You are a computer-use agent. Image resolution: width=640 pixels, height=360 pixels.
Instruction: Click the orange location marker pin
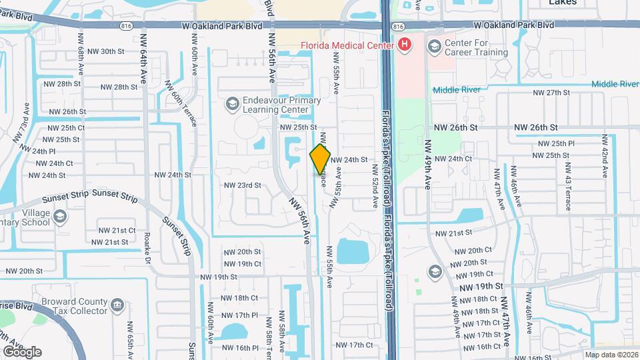[x=320, y=159]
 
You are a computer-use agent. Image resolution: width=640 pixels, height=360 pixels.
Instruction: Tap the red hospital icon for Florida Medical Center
[x=403, y=45]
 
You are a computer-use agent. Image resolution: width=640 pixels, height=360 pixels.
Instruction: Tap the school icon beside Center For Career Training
[x=435, y=46]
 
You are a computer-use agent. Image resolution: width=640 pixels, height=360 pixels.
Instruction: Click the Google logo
[x=21, y=352]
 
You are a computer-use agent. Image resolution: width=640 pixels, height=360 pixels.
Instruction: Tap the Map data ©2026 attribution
[x=611, y=355]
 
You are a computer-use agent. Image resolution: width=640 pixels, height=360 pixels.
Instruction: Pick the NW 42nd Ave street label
[x=605, y=156]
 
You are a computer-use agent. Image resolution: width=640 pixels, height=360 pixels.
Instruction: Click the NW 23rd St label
[x=242, y=185]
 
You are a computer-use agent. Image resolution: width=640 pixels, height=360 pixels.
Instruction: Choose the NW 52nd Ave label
[x=375, y=186]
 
